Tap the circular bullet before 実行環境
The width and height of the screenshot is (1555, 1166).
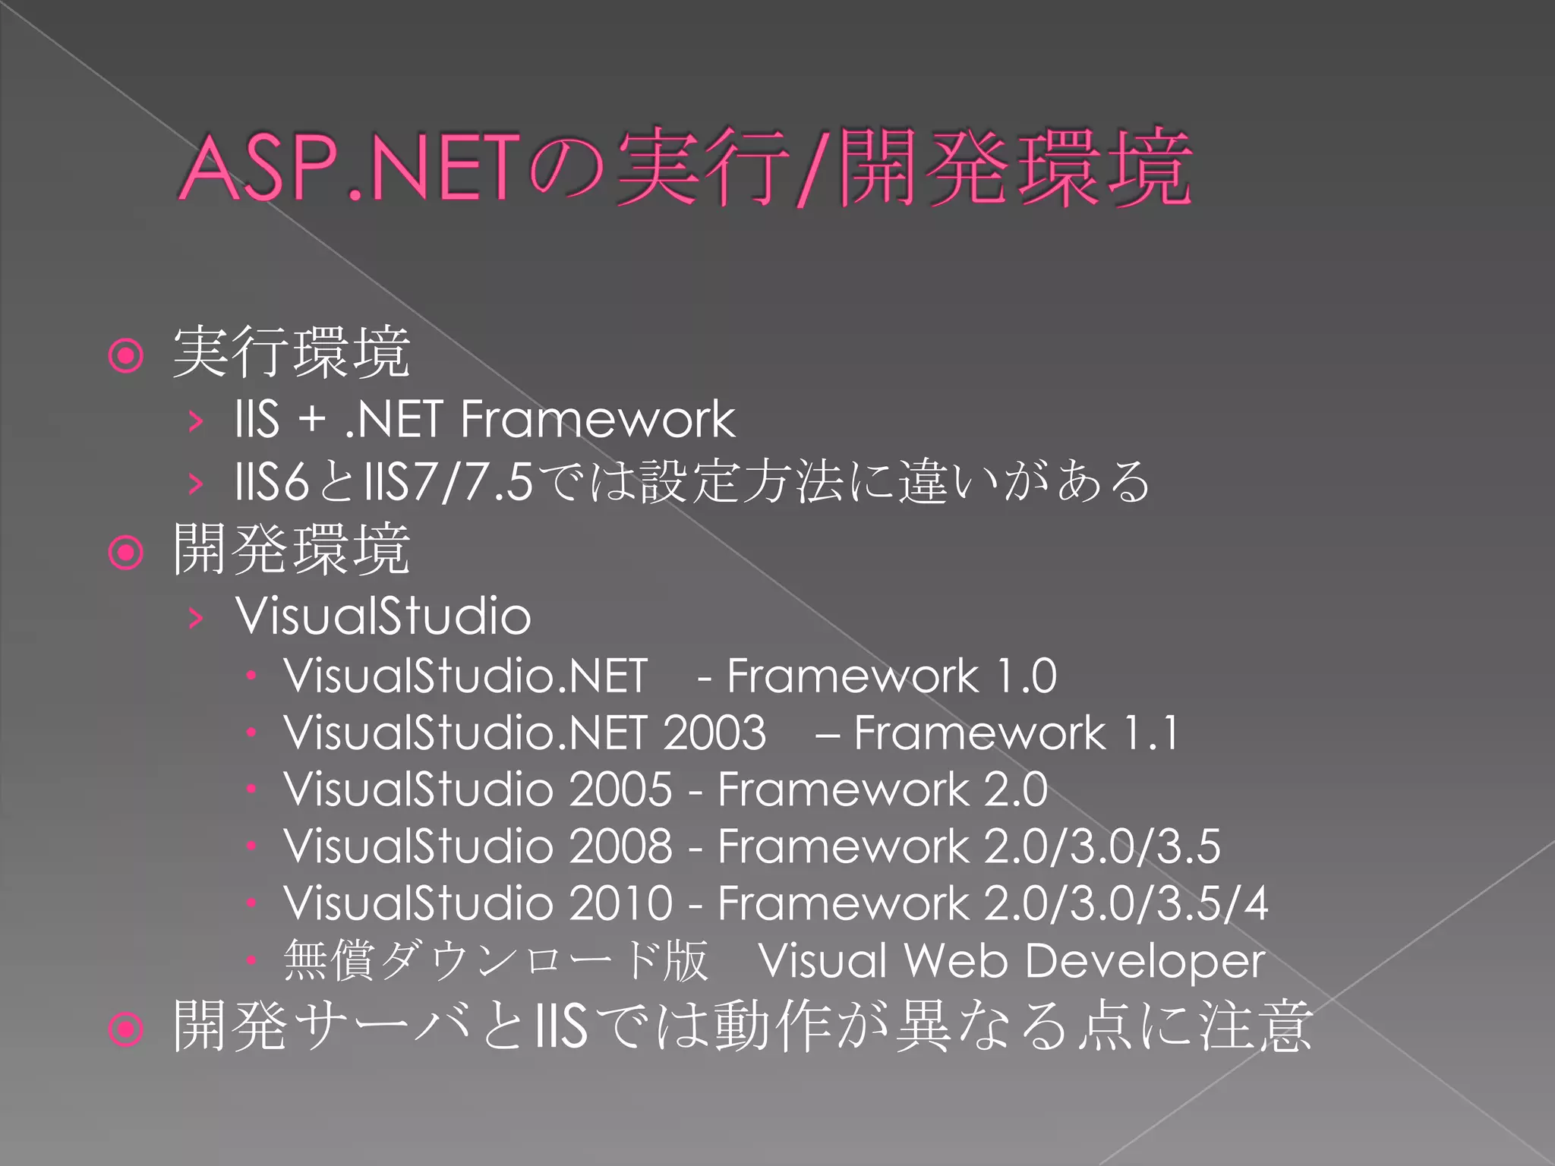(126, 355)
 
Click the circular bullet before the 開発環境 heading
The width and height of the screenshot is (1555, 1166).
(126, 553)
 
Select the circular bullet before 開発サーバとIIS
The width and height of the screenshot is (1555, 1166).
(126, 1029)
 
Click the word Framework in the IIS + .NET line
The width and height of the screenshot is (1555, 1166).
(598, 419)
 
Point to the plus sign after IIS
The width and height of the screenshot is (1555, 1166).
(312, 420)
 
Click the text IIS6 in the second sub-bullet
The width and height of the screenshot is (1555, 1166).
(273, 481)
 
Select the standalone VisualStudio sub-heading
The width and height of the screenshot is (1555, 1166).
(383, 616)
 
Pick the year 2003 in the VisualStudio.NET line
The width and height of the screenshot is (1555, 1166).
(714, 733)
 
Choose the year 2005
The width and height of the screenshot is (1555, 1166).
(620, 789)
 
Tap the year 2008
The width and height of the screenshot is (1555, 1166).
(620, 846)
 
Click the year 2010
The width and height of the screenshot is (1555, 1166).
(620, 903)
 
